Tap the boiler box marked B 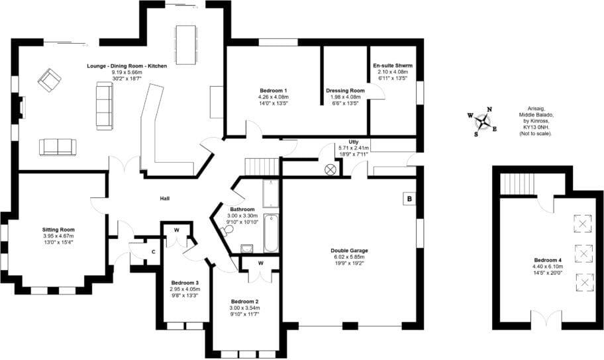pyautogui.click(x=409, y=199)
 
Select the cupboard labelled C pyautogui.click(x=153, y=251)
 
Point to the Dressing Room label pyautogui.click(x=345, y=90)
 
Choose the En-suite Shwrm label pyautogui.click(x=393, y=66)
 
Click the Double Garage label pyautogui.click(x=349, y=251)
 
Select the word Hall pyautogui.click(x=166, y=199)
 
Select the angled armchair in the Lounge pyautogui.click(x=49, y=80)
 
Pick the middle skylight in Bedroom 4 pyautogui.click(x=583, y=253)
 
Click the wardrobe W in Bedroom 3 pyautogui.click(x=177, y=231)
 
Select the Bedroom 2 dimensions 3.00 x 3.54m pyautogui.click(x=244, y=308)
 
